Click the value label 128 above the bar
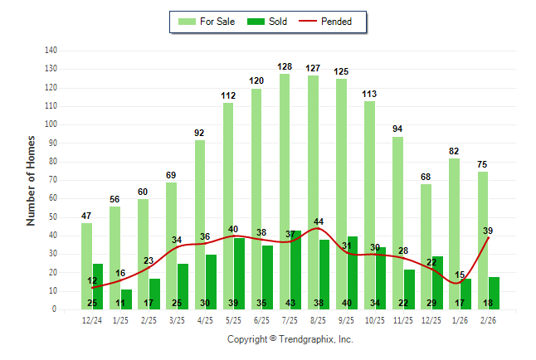coord(285,66)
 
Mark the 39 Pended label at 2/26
coord(488,231)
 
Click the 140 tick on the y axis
coord(51,51)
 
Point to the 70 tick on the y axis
coord(52,180)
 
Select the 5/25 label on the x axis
coord(233,320)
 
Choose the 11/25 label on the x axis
coord(403,320)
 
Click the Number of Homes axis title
coord(31,180)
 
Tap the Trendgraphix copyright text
coord(290,339)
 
